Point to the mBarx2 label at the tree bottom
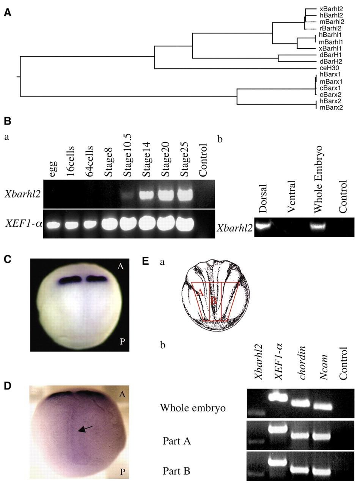tap(331, 107)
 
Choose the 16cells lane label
tap(71, 162)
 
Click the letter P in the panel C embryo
tap(122, 341)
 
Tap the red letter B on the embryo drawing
tap(214, 301)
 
